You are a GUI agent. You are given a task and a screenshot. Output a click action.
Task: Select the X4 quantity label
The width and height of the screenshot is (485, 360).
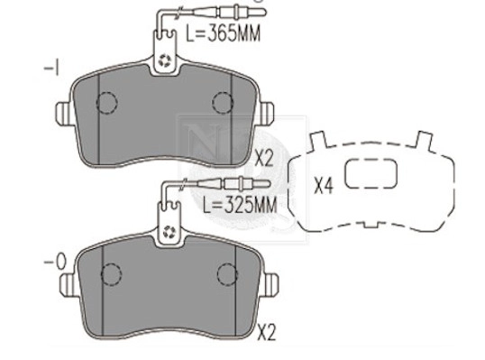(325, 187)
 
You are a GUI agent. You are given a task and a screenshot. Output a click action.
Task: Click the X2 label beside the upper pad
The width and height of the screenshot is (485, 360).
(264, 158)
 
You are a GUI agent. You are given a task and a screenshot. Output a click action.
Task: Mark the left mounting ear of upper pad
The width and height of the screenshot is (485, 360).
(65, 114)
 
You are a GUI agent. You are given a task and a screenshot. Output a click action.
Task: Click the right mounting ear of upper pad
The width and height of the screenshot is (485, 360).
(264, 114)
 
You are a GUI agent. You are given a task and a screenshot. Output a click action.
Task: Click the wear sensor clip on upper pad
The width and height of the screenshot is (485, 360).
(165, 59)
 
